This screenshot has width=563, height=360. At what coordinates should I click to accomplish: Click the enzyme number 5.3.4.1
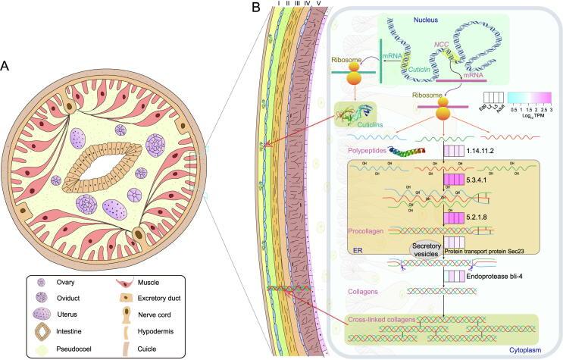[x=482, y=180]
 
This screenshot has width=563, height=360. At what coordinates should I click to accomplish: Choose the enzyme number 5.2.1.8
[x=482, y=218]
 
